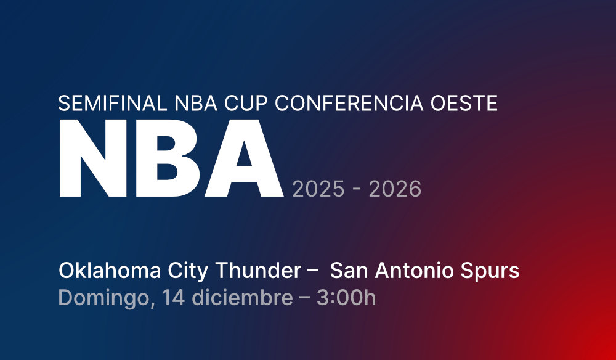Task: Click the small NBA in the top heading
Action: (x=195, y=103)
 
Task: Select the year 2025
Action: (x=318, y=189)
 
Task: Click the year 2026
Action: (x=395, y=189)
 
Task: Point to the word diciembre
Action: (x=242, y=298)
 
